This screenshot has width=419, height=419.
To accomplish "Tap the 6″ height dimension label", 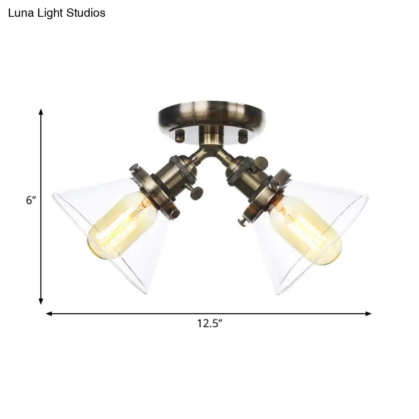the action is (31, 200).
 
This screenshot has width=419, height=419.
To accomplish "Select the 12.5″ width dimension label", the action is (209, 323).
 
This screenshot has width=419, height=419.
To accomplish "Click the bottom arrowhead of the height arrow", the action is (41, 301).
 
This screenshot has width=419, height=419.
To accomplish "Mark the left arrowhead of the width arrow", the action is (49, 314).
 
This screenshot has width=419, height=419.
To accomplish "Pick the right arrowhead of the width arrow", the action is (368, 314).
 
